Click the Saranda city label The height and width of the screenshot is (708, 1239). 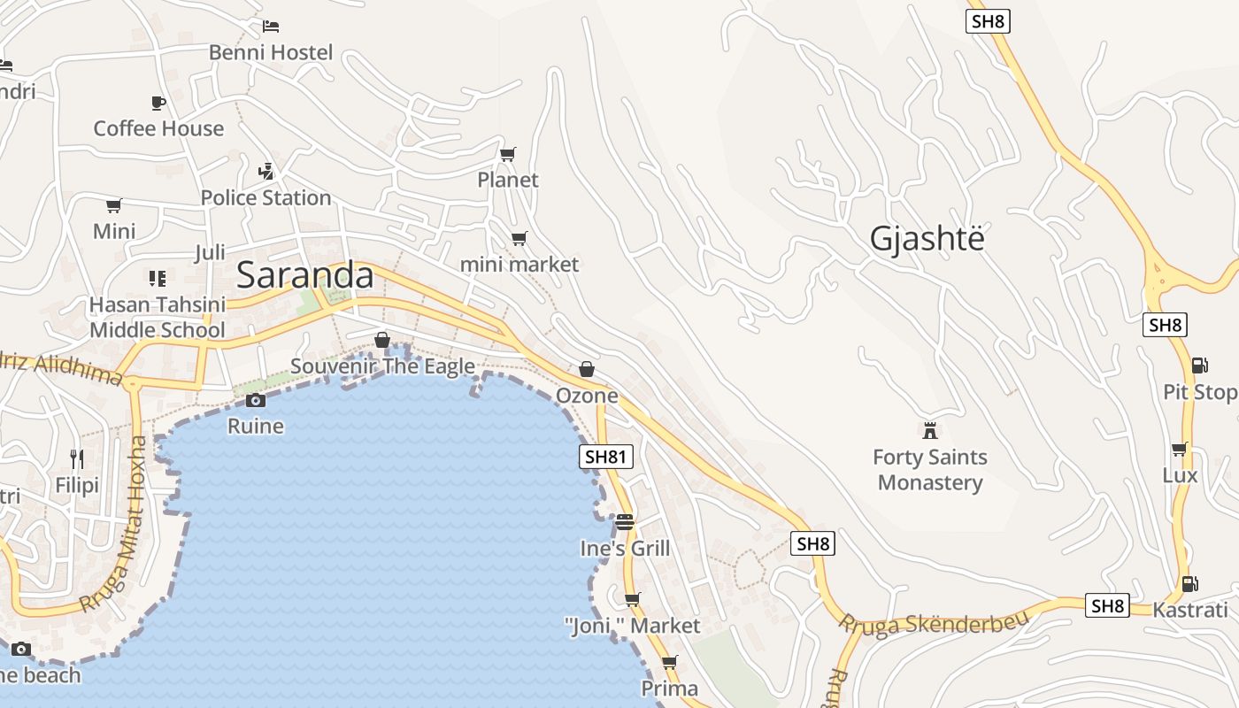[x=305, y=275]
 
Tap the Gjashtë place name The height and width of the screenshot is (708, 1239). [x=927, y=239]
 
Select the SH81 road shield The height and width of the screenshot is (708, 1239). [x=606, y=457]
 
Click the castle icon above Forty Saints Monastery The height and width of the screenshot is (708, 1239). [x=929, y=431]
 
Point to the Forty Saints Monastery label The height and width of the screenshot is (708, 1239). [x=929, y=470]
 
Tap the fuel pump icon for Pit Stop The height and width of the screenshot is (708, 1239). [x=1199, y=365]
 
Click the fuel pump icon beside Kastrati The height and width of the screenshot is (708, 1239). [x=1189, y=583]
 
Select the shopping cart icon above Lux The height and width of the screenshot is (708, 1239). [x=1179, y=450]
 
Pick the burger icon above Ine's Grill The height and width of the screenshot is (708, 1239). [x=625, y=522]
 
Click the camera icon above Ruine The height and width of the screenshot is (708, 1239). [x=255, y=400]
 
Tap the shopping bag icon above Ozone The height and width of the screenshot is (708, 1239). [x=586, y=369]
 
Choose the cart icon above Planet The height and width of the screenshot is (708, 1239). [x=507, y=155]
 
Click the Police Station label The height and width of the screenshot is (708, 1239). [x=265, y=197]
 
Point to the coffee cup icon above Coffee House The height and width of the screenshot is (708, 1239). [x=158, y=103]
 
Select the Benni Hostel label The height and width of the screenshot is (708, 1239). [x=271, y=52]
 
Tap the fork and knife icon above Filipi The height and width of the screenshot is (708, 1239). [x=77, y=458]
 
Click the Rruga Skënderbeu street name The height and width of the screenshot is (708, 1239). [x=935, y=622]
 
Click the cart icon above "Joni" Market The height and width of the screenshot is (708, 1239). [x=632, y=600]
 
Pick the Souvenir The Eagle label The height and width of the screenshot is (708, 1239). [x=382, y=366]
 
